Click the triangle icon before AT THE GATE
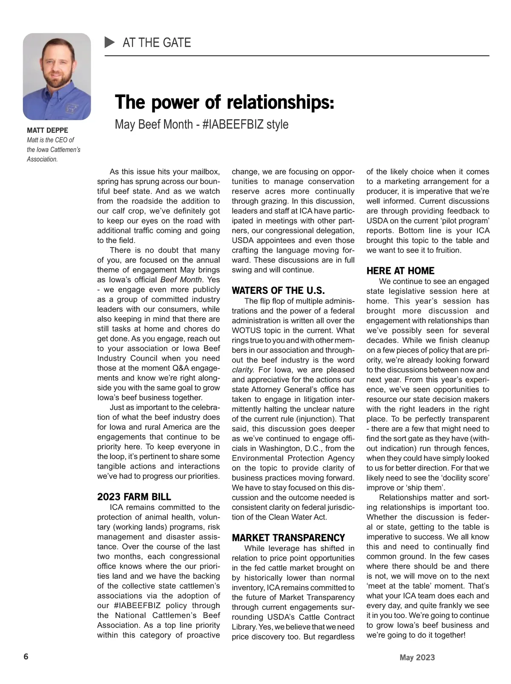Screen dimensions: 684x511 point(110,42)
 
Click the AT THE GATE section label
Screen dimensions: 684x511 point(157,43)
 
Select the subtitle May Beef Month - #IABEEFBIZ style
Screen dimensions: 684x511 point(201,124)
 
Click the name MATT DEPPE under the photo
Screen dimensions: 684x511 point(47,130)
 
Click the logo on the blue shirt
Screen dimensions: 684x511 point(70,109)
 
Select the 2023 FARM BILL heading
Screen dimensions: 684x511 point(134,497)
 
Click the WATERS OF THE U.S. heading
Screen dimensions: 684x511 point(278,291)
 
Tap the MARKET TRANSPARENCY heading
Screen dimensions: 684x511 point(288,537)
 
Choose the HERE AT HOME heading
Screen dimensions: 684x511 point(400,271)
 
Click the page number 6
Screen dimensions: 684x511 point(26,657)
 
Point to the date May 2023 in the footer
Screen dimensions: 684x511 point(417,658)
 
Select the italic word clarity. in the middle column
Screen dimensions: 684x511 point(243,370)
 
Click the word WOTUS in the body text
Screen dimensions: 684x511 point(244,331)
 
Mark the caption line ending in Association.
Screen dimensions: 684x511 point(42,159)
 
